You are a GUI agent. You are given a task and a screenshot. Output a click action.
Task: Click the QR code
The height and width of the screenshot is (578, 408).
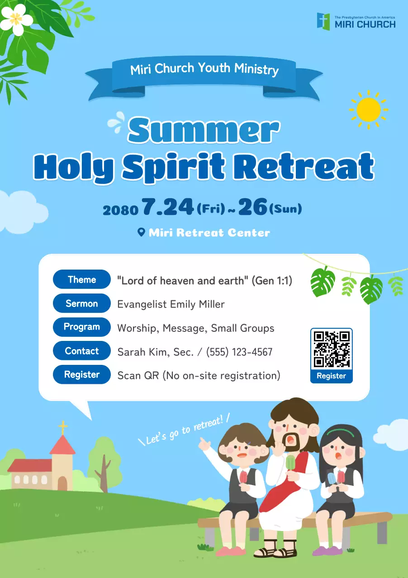click(x=332, y=349)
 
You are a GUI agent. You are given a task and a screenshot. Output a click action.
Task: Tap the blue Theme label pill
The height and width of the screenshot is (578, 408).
click(x=82, y=280)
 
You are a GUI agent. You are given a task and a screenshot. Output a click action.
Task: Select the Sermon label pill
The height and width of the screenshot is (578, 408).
click(x=82, y=303)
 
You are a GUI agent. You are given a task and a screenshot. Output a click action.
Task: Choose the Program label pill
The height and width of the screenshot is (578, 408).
click(x=82, y=327)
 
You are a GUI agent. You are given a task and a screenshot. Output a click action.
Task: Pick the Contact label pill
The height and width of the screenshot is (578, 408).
click(x=82, y=351)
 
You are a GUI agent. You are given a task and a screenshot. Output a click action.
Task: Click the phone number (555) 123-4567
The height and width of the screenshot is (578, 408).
click(x=239, y=352)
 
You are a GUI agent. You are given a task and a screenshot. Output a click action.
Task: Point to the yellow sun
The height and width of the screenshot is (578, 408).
click(x=368, y=109)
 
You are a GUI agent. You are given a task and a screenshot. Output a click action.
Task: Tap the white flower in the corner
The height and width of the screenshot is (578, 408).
click(x=17, y=19)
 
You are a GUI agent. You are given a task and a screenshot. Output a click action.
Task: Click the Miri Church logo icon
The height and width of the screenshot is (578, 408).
click(x=323, y=21)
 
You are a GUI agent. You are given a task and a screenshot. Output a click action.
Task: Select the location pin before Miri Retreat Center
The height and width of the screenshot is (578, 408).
click(x=141, y=233)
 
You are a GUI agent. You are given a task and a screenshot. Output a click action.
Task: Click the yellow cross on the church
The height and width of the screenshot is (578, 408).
click(x=63, y=427)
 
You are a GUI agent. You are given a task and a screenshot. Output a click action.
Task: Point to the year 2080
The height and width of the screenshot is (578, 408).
click(x=120, y=210)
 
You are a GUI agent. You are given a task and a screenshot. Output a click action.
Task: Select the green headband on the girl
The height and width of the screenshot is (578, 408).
click(x=341, y=431)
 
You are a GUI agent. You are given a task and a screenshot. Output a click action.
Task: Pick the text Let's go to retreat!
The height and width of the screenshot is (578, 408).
click(x=185, y=429)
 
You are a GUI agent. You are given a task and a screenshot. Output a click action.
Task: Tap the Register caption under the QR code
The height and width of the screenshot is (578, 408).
click(x=332, y=376)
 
